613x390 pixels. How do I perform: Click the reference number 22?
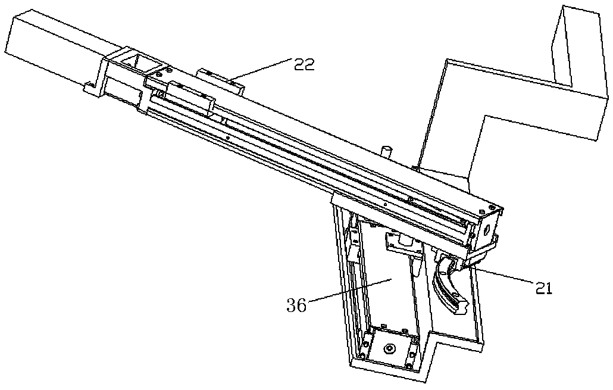point(304,65)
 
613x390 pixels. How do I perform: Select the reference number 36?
point(297,305)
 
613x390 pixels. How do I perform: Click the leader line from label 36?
point(350,290)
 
